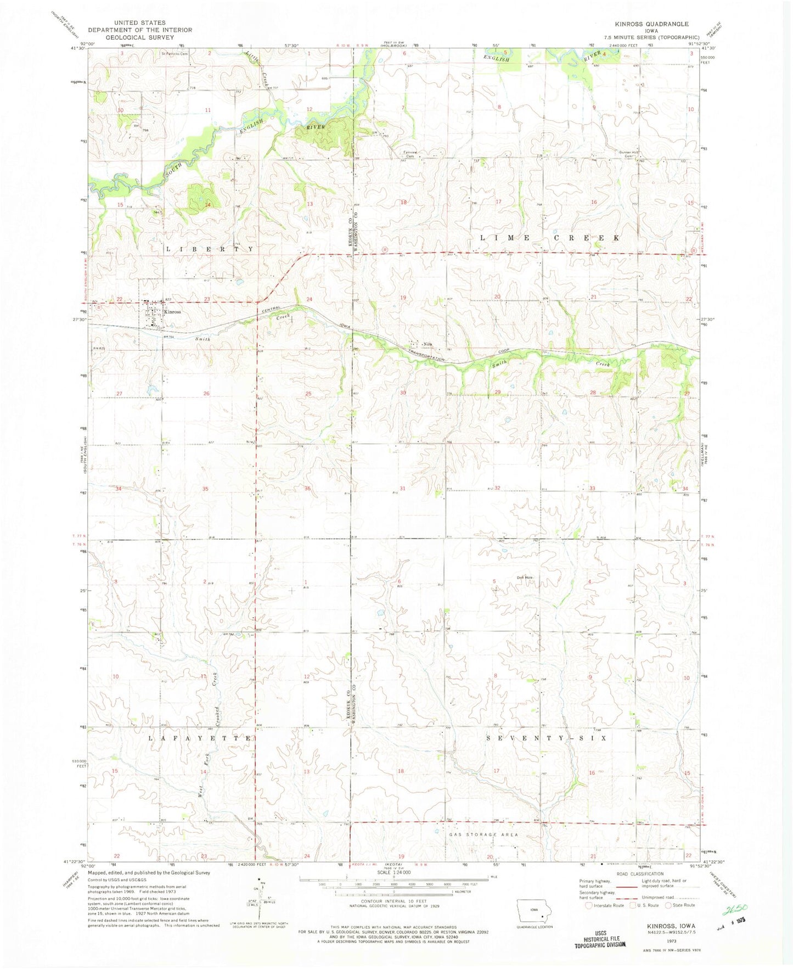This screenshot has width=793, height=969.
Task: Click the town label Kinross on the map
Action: [172, 312]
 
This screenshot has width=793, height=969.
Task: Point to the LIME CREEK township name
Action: [550, 238]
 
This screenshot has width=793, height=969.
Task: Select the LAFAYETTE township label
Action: [201, 738]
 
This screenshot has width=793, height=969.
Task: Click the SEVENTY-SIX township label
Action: [547, 738]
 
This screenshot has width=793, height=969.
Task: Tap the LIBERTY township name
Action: [210, 249]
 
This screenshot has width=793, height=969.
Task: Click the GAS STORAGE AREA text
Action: [483, 834]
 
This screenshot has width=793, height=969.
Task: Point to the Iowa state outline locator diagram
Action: [535, 911]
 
